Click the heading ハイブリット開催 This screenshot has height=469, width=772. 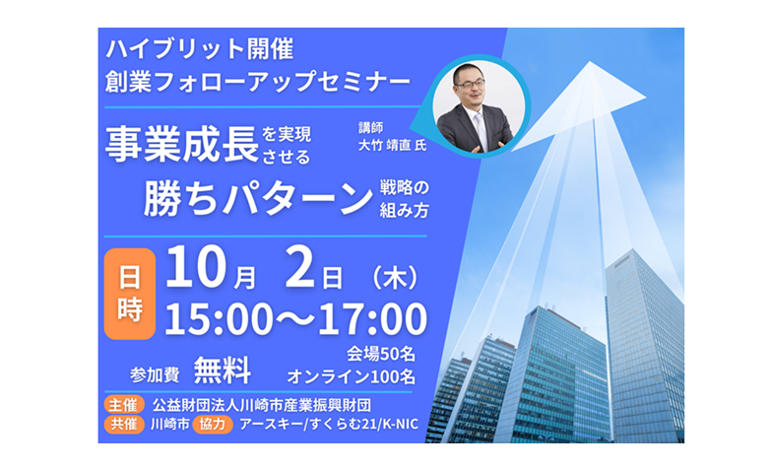pyautogui.click(x=199, y=49)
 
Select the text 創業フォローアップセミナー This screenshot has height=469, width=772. pyautogui.click(x=258, y=81)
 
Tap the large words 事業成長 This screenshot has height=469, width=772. pyautogui.click(x=181, y=144)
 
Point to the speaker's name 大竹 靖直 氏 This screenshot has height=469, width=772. pyautogui.click(x=392, y=146)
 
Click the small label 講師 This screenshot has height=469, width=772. pyautogui.click(x=370, y=128)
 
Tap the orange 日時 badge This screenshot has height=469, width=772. pyautogui.click(x=130, y=294)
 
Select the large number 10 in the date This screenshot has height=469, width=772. pyautogui.click(x=195, y=268)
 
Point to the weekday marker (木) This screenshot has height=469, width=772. pyautogui.click(x=396, y=278)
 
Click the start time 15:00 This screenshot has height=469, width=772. pyautogui.click(x=219, y=319)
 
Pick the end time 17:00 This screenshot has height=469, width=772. pyautogui.click(x=372, y=319)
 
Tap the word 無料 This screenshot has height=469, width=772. pyautogui.click(x=223, y=370)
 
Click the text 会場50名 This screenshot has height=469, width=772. pyautogui.click(x=380, y=354)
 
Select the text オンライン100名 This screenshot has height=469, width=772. pyautogui.click(x=351, y=376)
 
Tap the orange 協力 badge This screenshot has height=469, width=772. pyautogui.click(x=213, y=424)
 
